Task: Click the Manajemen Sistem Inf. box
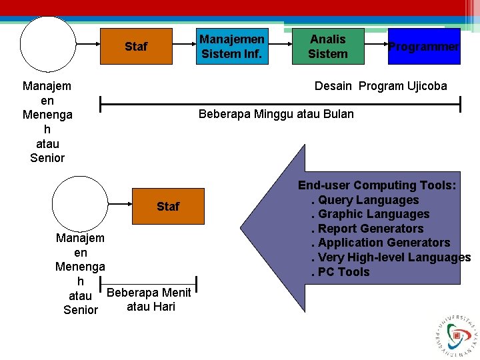click(x=232, y=46)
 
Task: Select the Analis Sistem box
click(x=328, y=46)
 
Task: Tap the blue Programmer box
click(x=424, y=46)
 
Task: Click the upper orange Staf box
click(x=136, y=46)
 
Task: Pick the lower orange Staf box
click(x=168, y=206)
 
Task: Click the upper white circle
click(x=48, y=44)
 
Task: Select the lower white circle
click(x=80, y=203)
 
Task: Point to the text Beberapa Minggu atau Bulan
click(x=276, y=114)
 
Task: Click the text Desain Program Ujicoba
click(x=381, y=86)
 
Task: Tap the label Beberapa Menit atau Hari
click(x=149, y=299)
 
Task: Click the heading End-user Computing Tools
click(x=377, y=185)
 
